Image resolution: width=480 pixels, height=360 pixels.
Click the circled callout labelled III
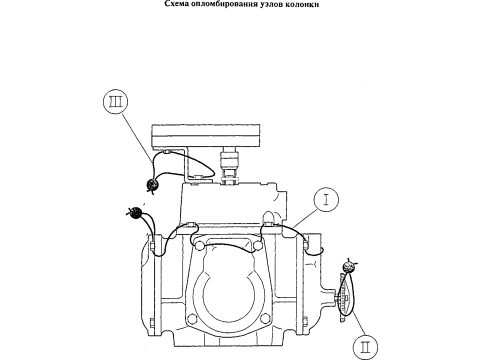click(116, 101)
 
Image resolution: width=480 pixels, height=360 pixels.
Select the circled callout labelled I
click(326, 199)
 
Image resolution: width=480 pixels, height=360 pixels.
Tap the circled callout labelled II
click(365, 347)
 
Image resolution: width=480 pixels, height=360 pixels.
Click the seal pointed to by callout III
click(153, 185)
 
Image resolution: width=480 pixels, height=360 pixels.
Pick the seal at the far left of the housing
click(135, 213)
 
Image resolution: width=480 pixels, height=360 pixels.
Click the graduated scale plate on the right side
click(344, 297)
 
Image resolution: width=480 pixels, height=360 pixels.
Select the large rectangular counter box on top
click(206, 135)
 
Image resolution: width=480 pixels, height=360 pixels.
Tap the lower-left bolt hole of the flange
click(191, 318)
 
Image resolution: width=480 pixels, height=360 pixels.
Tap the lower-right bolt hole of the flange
click(265, 318)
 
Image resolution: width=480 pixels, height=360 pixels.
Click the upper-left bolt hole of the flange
click(199, 246)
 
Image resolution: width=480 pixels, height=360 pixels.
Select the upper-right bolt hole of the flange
click(257, 246)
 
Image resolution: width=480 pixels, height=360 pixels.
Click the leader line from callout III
click(137, 138)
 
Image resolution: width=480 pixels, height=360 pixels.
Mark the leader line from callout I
click(304, 218)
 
